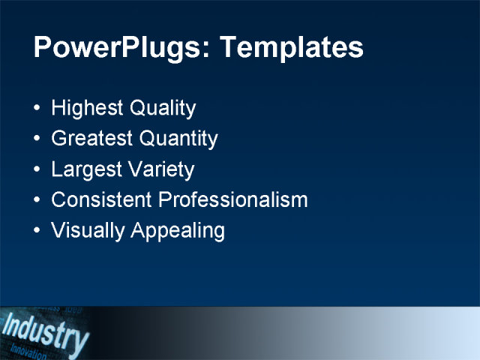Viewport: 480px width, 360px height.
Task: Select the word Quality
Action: point(163,109)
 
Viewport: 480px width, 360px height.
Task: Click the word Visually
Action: point(88,231)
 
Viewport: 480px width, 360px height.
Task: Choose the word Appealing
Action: point(178,231)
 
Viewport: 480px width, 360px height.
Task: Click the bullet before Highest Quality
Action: point(38,109)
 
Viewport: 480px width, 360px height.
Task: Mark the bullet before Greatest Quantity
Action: point(38,139)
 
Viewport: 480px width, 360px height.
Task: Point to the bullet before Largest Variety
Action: point(38,170)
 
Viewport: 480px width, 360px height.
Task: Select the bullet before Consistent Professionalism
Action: point(38,201)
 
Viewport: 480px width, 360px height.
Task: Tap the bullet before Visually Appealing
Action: point(38,231)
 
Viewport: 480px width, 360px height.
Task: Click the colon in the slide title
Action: point(198,51)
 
